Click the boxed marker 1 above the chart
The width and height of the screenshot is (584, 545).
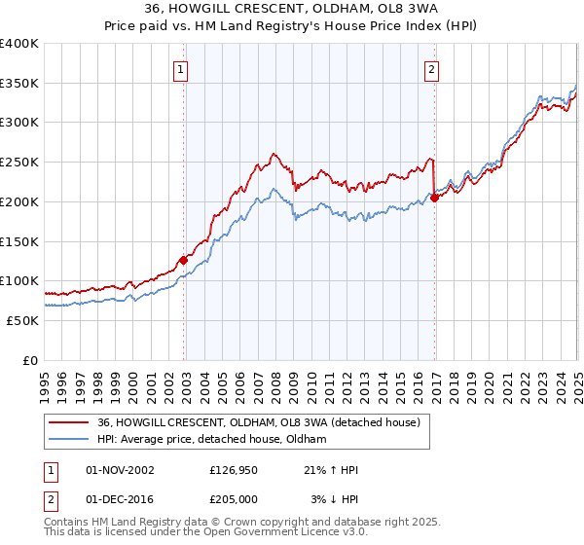coord(182,69)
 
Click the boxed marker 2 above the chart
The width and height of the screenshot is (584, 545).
coord(431,69)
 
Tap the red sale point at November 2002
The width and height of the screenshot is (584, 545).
coord(183,260)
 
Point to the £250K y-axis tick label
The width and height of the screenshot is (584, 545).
coord(19,163)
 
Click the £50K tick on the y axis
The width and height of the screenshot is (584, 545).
coord(22,320)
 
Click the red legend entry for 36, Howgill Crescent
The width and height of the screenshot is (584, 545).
coord(258,422)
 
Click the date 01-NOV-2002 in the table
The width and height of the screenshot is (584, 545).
coord(121,471)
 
